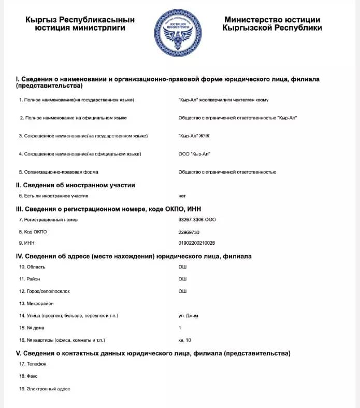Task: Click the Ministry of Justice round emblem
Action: (179, 31)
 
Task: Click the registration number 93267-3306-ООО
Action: (197, 220)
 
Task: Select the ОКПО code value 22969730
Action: (189, 232)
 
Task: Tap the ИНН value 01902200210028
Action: (196, 243)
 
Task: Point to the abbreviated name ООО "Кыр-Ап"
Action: (194, 154)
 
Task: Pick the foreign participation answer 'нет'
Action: (182, 196)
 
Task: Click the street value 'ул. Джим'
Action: (188, 316)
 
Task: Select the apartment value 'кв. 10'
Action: (185, 340)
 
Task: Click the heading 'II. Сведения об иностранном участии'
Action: (76, 185)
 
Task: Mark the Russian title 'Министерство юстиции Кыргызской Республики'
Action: (272, 24)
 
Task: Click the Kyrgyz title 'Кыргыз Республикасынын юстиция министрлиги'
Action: (80, 24)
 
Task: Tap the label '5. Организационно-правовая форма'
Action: (59, 172)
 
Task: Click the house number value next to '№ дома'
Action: (180, 328)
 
